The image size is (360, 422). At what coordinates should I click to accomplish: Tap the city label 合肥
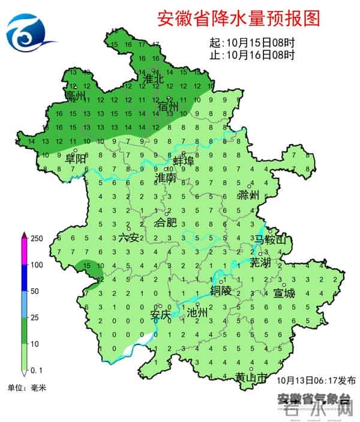(x=166, y=223)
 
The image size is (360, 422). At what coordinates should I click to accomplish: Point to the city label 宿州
(x=169, y=106)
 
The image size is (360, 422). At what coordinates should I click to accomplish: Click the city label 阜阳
(x=76, y=159)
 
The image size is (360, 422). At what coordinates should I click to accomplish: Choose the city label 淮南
(x=166, y=178)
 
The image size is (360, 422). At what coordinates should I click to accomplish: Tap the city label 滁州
(x=248, y=195)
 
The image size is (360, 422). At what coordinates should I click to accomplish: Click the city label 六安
(x=128, y=238)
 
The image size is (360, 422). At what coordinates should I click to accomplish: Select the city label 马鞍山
(x=271, y=241)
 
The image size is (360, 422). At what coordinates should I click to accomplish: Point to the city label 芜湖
(x=261, y=262)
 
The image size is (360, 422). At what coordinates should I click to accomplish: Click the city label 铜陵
(x=220, y=290)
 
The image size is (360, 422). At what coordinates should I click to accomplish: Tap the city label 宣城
(x=284, y=294)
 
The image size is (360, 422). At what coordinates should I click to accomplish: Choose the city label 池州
(x=197, y=313)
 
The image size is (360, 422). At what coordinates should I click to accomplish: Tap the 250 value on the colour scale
(x=37, y=238)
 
